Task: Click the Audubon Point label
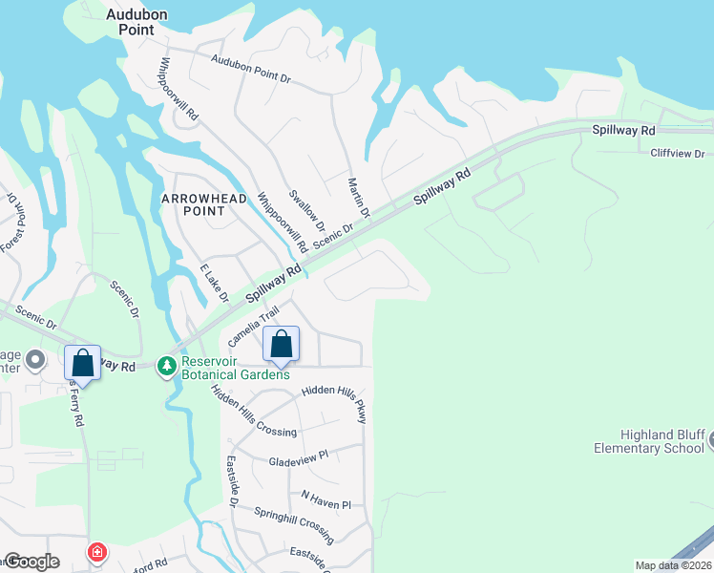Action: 130,22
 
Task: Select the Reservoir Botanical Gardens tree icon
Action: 168,367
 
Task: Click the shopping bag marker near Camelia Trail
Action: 282,345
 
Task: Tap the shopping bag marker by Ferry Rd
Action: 83,363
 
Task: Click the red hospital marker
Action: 96,552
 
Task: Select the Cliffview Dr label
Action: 677,154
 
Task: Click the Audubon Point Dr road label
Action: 251,69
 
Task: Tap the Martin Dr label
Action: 358,197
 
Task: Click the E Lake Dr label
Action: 214,284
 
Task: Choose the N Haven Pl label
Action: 326,499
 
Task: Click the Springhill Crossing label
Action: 293,520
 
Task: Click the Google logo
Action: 31,562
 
